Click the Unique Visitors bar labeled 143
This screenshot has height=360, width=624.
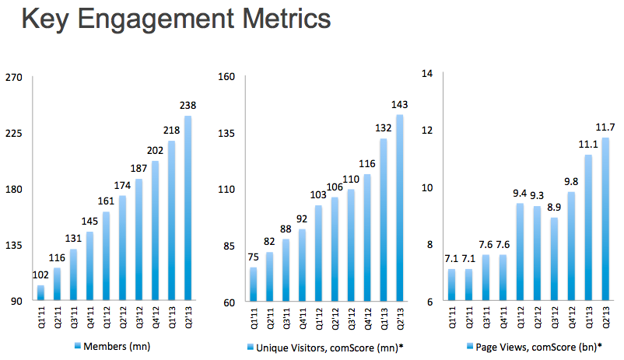(400, 208)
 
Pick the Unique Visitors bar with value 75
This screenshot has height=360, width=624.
(254, 285)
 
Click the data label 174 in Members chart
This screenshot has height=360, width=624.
(123, 187)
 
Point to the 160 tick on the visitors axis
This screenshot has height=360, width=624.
(226, 77)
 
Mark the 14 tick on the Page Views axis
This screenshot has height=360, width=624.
(426, 73)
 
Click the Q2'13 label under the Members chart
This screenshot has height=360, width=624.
(188, 316)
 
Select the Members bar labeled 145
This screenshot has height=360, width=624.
(89, 266)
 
